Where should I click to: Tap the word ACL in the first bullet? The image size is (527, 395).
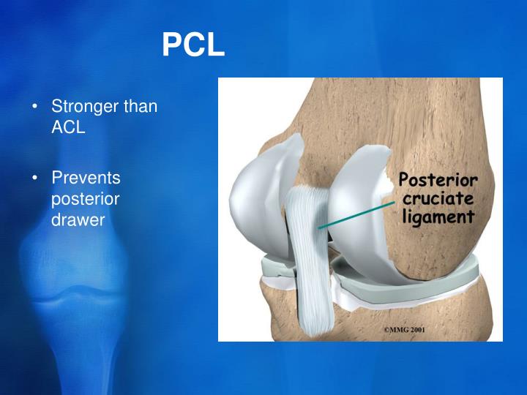click(68, 127)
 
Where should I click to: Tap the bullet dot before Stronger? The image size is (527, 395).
click(36, 107)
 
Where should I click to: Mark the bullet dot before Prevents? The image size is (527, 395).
click(36, 178)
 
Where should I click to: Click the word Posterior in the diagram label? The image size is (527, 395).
click(438, 181)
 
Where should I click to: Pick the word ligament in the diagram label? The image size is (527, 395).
click(437, 217)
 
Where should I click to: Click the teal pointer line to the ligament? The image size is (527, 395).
click(359, 214)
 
